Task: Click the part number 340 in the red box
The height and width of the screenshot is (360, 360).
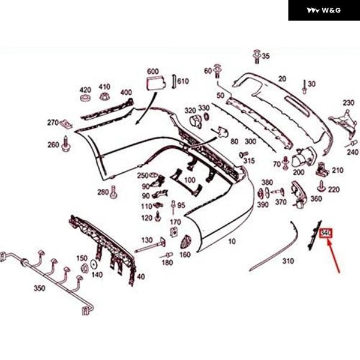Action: click(326, 232)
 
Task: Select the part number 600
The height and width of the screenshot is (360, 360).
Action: click(152, 71)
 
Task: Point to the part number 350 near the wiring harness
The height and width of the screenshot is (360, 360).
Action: click(39, 289)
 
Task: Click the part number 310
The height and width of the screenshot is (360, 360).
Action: click(289, 261)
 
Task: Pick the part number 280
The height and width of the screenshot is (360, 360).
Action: click(103, 192)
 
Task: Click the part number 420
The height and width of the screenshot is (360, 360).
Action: click(85, 90)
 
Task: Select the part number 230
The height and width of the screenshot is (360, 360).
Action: click(349, 102)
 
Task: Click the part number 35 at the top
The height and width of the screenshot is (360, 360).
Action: click(266, 56)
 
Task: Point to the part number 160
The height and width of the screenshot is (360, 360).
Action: click(185, 255)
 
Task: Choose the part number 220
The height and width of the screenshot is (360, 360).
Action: click(334, 190)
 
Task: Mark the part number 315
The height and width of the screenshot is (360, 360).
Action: click(249, 160)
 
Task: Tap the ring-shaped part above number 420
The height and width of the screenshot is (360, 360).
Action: click(85, 98)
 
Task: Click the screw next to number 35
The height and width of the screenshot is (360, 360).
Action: click(257, 56)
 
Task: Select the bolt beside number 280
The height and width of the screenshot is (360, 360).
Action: click(114, 193)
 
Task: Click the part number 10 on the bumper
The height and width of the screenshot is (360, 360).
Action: click(232, 242)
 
